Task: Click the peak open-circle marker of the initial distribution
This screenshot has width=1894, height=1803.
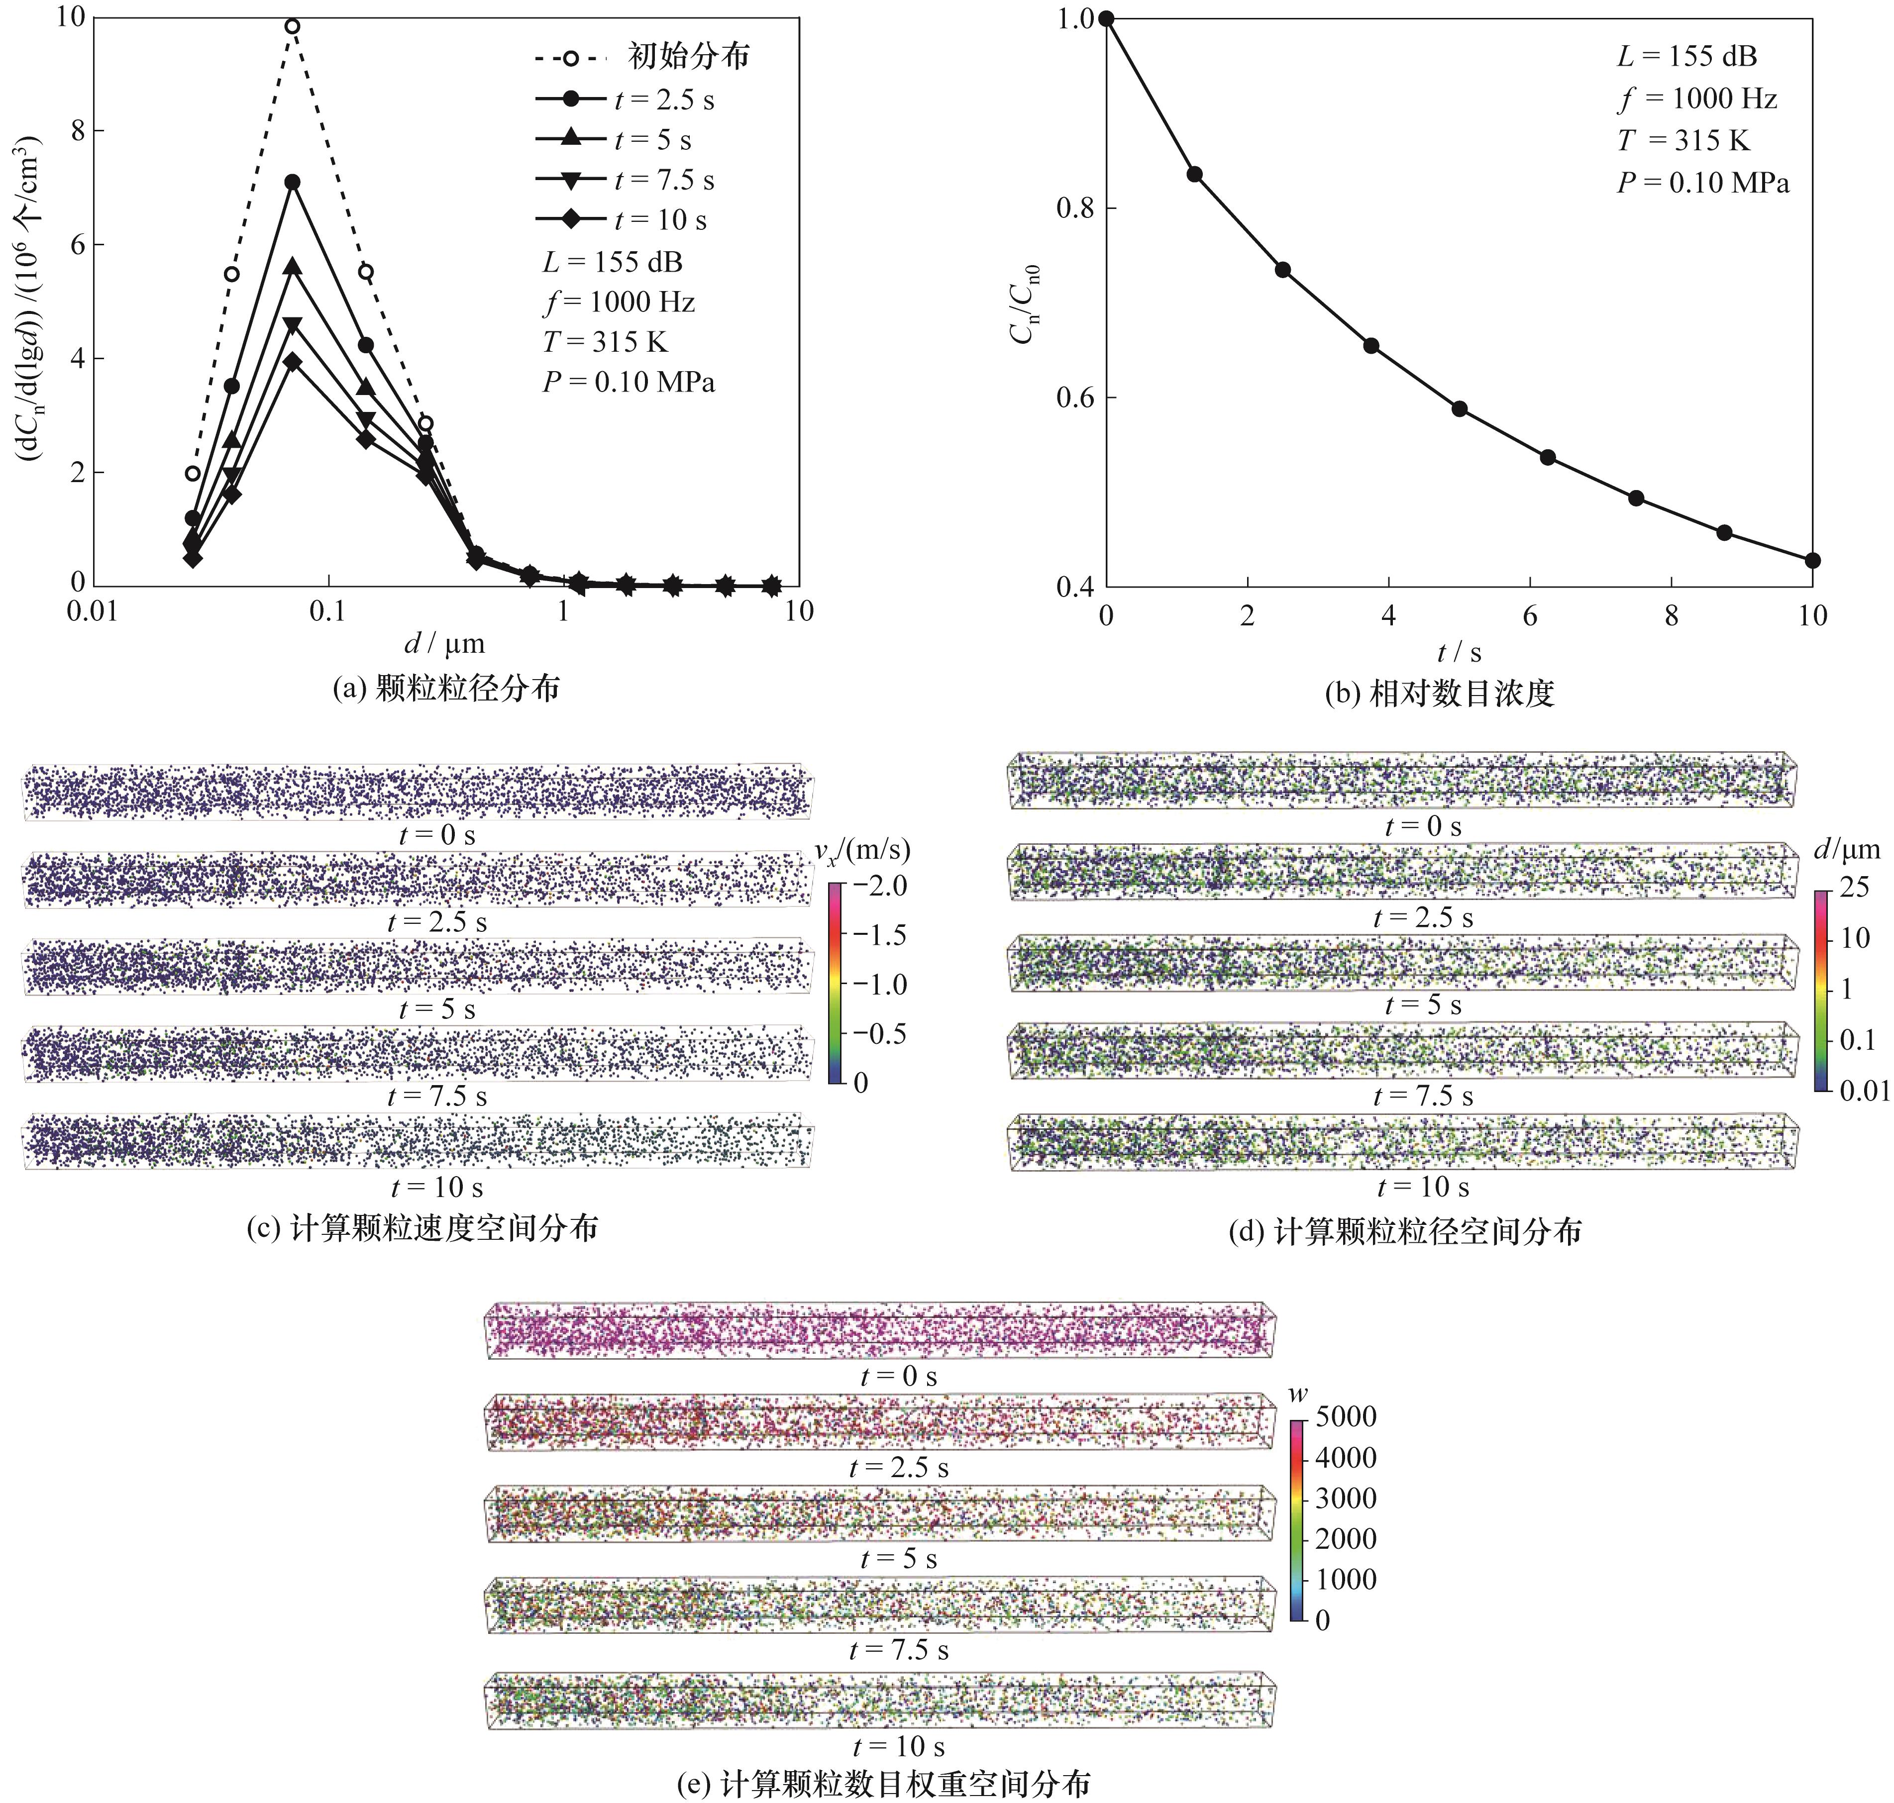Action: click(x=292, y=26)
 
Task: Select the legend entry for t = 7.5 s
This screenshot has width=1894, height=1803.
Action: click(x=663, y=180)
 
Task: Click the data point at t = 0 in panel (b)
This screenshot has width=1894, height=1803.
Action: click(x=1107, y=18)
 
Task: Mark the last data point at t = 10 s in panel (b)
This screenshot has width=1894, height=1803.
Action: click(x=1812, y=560)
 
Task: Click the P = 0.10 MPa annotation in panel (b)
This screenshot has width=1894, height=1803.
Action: click(x=1703, y=183)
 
